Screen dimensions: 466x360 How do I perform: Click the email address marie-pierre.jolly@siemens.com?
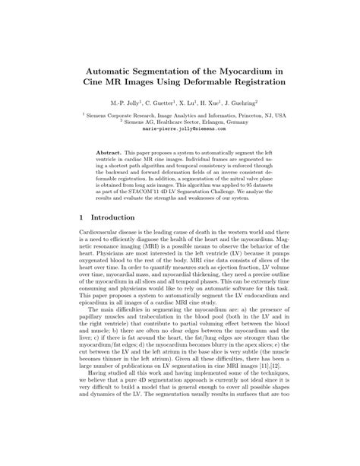click(x=180, y=130)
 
